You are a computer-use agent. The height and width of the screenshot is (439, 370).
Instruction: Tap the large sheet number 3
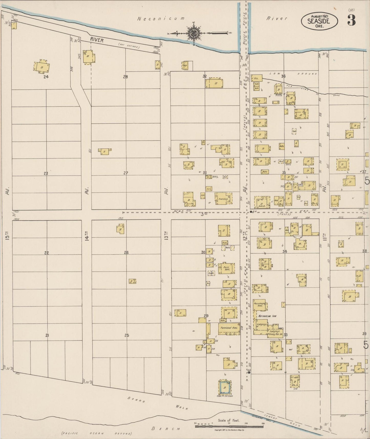tap(352, 21)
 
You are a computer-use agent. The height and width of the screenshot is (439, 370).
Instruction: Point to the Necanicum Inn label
tap(267, 316)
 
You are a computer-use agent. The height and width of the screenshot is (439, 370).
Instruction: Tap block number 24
tap(46, 76)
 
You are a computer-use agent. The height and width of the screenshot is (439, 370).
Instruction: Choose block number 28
tap(125, 76)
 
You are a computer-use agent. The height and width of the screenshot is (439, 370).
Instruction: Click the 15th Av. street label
tap(8, 236)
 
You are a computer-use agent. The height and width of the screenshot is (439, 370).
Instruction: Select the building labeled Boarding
tap(224, 198)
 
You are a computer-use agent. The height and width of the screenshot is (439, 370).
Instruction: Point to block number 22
tap(46, 253)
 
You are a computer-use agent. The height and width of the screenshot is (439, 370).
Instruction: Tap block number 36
tap(283, 76)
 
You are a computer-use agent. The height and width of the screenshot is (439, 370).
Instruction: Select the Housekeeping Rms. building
tap(259, 305)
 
